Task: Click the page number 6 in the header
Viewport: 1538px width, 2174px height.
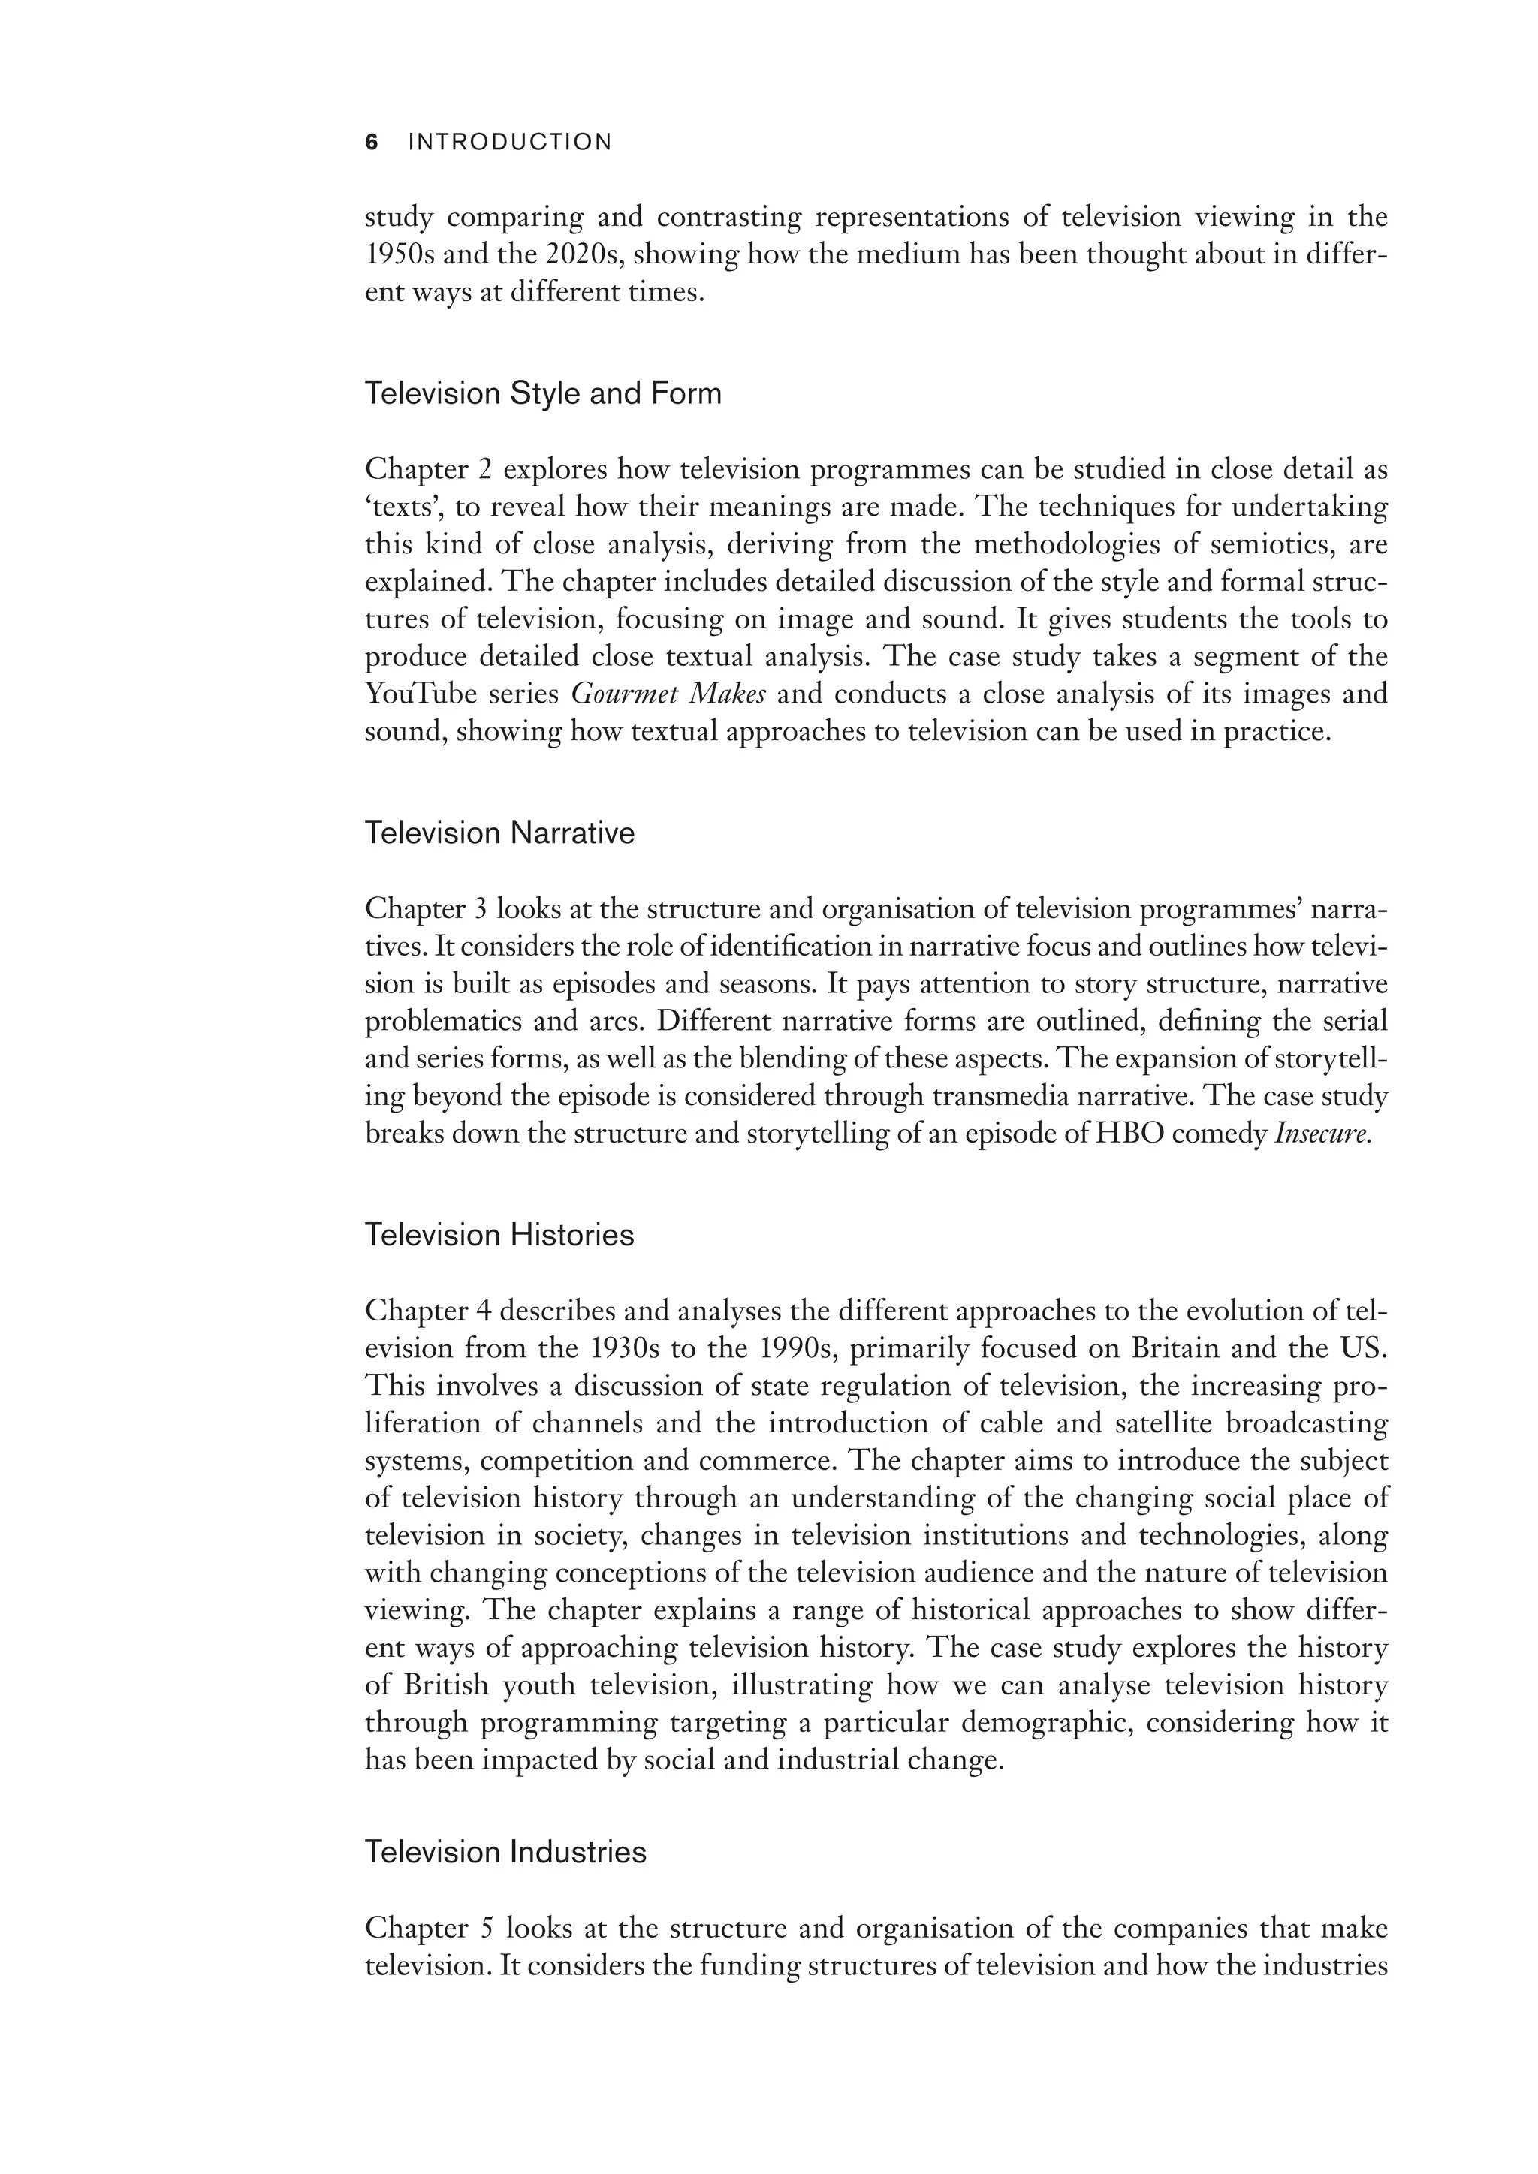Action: [371, 143]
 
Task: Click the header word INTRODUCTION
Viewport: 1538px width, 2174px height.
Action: [509, 143]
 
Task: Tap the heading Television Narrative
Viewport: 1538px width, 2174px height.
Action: [499, 833]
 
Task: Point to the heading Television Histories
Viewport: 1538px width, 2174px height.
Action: [499, 1235]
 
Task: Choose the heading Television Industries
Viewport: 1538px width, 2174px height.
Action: [505, 1852]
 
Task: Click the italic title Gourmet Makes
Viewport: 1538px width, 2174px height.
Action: [668, 694]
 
